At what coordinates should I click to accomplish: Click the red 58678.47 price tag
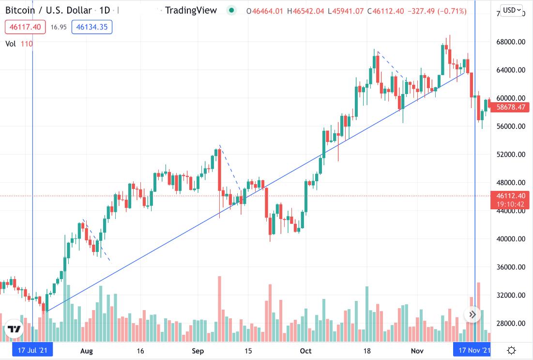pos(508,107)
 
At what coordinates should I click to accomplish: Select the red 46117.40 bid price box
pos(25,27)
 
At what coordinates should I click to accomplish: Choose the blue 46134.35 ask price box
pos(92,27)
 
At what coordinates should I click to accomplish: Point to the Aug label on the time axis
pos(87,350)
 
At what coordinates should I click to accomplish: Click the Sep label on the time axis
pos(197,350)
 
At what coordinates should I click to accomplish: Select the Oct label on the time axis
pos(305,350)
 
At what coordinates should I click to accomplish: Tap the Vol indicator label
pos(11,44)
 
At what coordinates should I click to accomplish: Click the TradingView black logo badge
pos(15,329)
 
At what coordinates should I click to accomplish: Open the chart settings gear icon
pos(511,350)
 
